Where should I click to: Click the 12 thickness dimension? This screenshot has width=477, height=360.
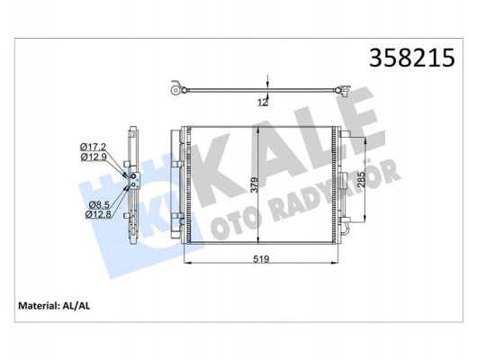[x=261, y=102]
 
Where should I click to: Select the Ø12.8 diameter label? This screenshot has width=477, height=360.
[x=97, y=214]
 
